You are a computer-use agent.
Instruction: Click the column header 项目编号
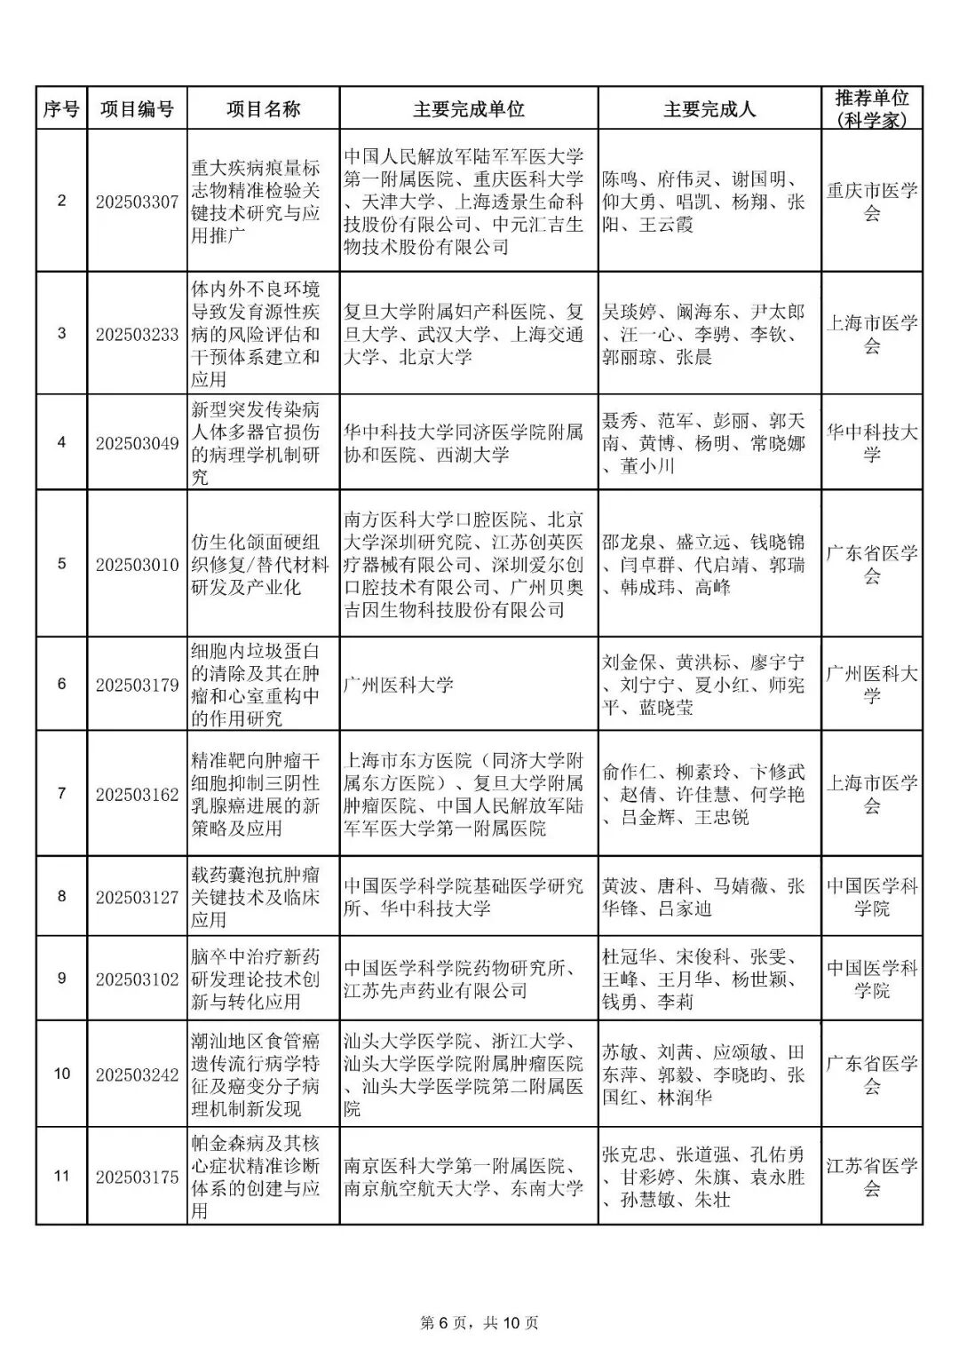137,109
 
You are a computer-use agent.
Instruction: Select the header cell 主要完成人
709,109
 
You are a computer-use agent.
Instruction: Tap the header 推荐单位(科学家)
871,109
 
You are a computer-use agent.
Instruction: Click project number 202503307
137,202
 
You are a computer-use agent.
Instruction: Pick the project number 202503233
137,334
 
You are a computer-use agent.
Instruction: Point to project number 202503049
137,443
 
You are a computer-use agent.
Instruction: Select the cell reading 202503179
137,685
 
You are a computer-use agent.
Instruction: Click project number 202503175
137,1177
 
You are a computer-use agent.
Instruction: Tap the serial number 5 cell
61,564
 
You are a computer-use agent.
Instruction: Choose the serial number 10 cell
61,1074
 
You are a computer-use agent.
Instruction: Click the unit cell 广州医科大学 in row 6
399,685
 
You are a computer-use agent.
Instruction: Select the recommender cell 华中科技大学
871,443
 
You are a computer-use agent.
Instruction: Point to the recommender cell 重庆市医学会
871,202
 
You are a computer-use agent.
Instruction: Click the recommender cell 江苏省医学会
871,1177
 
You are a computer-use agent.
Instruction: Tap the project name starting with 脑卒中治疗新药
256,979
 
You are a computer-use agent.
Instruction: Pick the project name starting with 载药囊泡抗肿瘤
256,897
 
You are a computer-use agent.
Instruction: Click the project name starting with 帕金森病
256,1177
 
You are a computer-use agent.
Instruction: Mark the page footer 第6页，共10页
479,1322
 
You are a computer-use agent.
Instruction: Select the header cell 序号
61,109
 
